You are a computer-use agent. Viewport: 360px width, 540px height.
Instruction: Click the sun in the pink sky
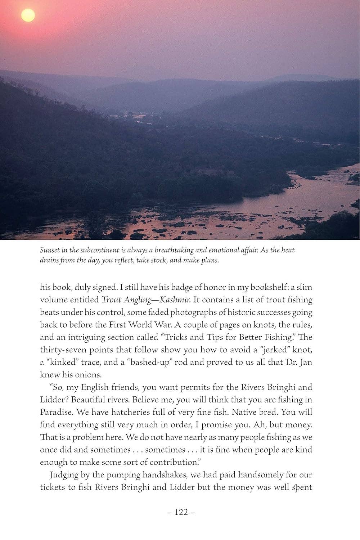point(28,15)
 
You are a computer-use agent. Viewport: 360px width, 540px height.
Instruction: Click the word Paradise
point(56,412)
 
